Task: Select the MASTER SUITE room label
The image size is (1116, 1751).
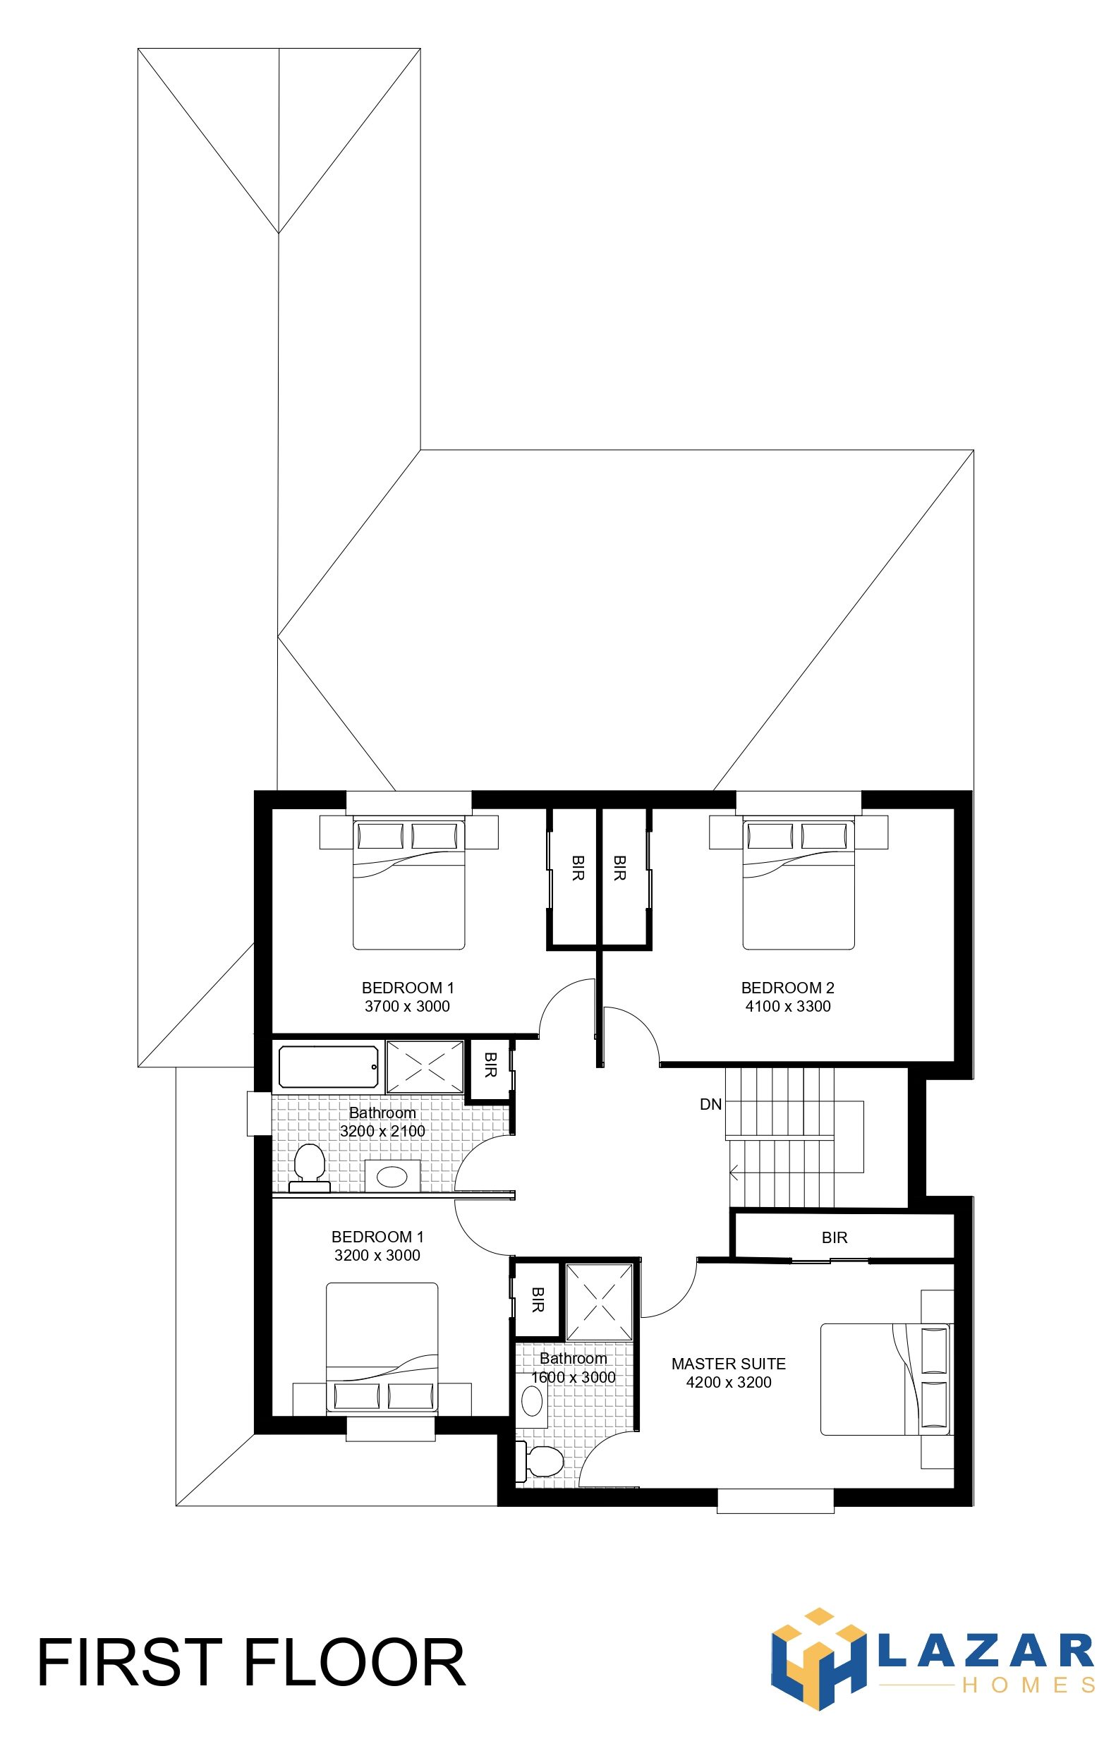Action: pyautogui.click(x=729, y=1364)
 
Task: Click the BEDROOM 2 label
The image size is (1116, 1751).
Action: pyautogui.click(x=787, y=988)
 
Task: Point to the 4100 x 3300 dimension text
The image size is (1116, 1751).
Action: pyautogui.click(x=787, y=1007)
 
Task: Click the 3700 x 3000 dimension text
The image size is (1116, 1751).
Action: pyautogui.click(x=407, y=1007)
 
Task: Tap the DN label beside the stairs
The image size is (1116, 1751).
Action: pyautogui.click(x=710, y=1104)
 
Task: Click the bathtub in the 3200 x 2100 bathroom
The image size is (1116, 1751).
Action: pyautogui.click(x=329, y=1067)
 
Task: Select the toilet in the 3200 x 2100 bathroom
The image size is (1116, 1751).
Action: pyautogui.click(x=309, y=1168)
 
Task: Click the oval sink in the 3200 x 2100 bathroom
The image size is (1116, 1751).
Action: pyautogui.click(x=392, y=1177)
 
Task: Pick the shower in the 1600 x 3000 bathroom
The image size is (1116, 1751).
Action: pyautogui.click(x=599, y=1302)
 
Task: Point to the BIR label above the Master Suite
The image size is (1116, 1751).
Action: pyautogui.click(x=834, y=1237)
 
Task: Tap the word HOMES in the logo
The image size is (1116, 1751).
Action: pyautogui.click(x=1029, y=1685)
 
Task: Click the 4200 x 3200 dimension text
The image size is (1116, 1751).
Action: pyautogui.click(x=729, y=1382)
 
